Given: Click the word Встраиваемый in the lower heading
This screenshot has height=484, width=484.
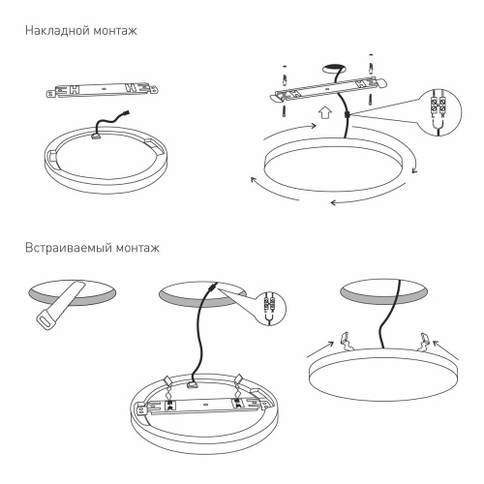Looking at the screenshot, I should click(65, 248).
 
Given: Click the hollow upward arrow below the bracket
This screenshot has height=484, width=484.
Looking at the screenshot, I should click(325, 111).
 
